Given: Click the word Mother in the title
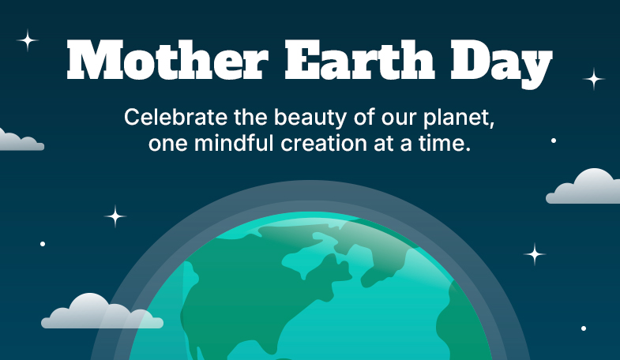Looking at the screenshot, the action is point(167,60).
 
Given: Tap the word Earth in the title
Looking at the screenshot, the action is point(360,60).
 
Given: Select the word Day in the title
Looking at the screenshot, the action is point(502,64).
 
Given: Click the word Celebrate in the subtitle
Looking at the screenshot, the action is point(175,117).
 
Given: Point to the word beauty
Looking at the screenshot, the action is point(310,118).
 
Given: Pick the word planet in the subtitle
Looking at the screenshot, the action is point(459,118).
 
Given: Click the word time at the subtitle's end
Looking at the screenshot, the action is point(445,143).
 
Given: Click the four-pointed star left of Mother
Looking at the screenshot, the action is point(28,40).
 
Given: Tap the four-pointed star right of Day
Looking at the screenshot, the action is point(593,79).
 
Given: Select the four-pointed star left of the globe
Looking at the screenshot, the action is point(115,216).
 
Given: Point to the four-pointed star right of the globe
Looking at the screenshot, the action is point(535,254).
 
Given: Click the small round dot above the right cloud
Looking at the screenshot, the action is point(554,141).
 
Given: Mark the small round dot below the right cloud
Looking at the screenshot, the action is point(584,328).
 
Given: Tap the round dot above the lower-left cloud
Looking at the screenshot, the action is point(43,244).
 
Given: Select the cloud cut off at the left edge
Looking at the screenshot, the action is point(19,141).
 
